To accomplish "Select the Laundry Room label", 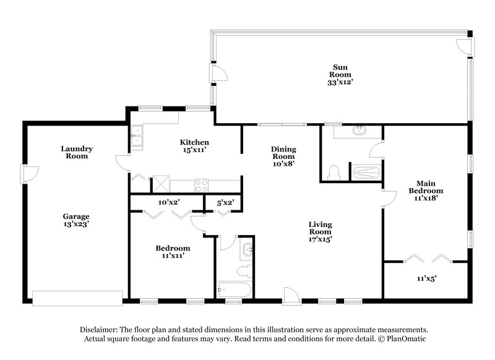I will (77, 152).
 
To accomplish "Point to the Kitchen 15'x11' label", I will (194, 146).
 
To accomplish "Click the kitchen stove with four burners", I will (202, 184).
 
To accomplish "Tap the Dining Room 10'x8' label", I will (284, 156).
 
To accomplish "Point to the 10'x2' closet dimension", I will (168, 202).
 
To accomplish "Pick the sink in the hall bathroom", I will (248, 250).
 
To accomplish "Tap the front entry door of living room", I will (291, 295).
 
